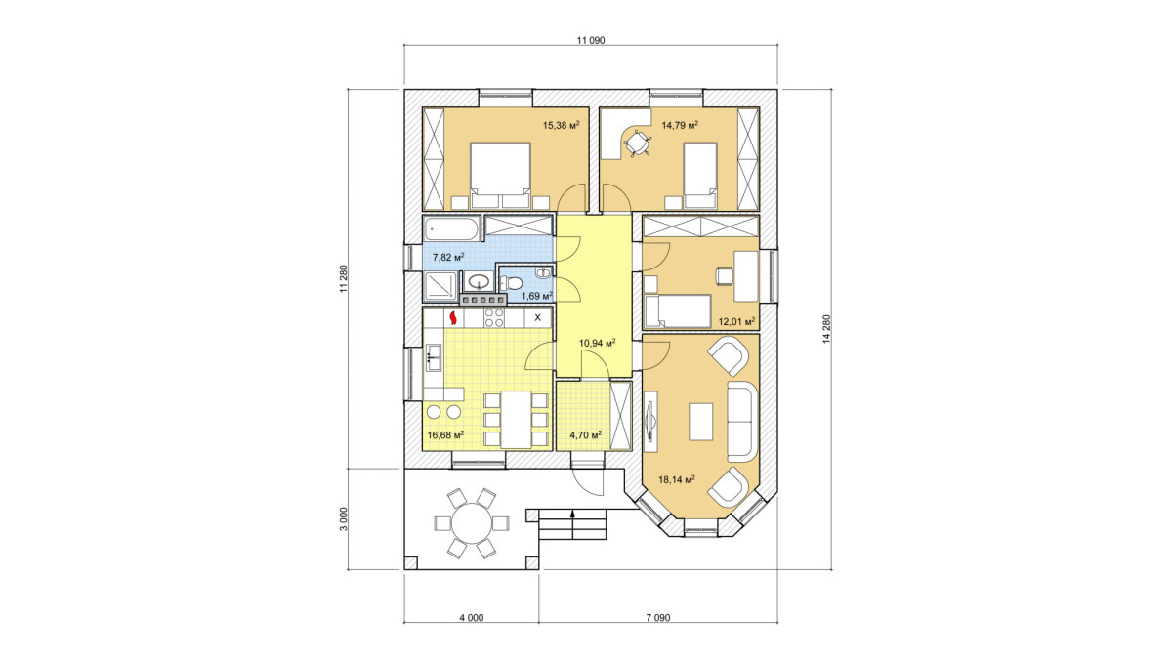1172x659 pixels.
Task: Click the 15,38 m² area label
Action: [x=562, y=125]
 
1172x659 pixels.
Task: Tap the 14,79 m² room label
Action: [x=680, y=125]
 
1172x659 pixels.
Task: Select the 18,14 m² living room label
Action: [x=677, y=479]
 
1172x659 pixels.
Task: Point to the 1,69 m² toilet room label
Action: [x=537, y=297]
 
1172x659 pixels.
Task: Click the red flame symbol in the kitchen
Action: [x=87, y=318]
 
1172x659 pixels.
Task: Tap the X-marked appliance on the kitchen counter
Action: [x=538, y=317]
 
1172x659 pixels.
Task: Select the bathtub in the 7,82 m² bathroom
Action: [x=451, y=229]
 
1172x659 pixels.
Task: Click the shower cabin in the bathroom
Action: [x=440, y=287]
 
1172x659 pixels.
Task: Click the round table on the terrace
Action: [x=472, y=523]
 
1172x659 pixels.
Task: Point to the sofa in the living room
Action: [x=742, y=422]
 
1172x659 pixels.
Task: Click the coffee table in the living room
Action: [x=700, y=421]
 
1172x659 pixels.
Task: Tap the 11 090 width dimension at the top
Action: [x=591, y=40]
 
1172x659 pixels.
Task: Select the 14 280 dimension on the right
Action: [x=826, y=329]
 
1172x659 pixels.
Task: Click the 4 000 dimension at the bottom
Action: [x=472, y=618]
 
